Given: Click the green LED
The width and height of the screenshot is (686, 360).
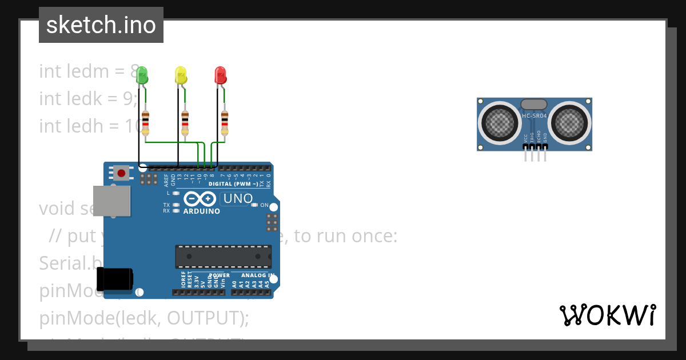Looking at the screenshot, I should coord(142,75).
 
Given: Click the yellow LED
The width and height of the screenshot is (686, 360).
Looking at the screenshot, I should coord(181,75).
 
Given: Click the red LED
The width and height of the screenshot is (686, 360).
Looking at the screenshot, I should coord(220,75).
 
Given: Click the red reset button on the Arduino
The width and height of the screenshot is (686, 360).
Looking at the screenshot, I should coord(121,173).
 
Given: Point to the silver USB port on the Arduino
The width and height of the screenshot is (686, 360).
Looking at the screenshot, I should coord(111,201).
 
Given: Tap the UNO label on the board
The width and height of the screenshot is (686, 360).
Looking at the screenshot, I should coord(237,199).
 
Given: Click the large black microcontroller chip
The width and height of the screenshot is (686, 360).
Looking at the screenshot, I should coord(223,257).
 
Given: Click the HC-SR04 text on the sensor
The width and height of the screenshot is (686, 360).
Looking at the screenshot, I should coord(535,116).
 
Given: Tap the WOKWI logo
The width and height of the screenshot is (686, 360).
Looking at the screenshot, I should coord(607,315).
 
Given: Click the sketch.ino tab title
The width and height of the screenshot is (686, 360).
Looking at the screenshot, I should coord(101,25).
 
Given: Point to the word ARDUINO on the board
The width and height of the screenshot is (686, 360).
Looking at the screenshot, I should coord(201,211).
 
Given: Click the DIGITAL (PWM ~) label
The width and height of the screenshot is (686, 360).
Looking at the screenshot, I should coord(233,184).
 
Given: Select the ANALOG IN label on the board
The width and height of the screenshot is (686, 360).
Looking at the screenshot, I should coord(257,275).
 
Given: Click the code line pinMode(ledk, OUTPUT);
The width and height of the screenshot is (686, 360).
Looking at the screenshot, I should coord(144,318).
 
